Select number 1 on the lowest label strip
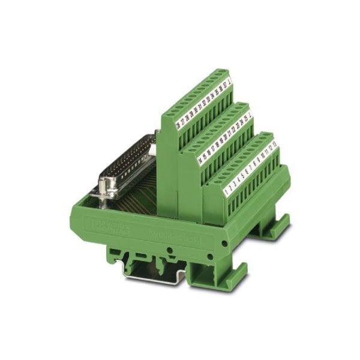click(x=226, y=193)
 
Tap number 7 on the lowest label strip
click(x=251, y=167)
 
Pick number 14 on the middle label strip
click(x=200, y=160)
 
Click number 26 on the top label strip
click(x=178, y=126)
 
